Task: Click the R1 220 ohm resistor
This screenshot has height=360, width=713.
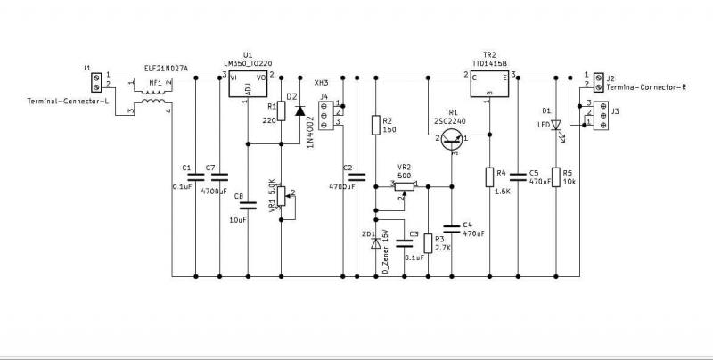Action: click(282, 110)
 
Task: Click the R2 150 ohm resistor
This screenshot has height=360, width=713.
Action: click(375, 125)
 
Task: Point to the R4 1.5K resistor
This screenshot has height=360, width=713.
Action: click(488, 176)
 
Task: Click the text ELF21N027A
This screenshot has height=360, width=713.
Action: click(167, 68)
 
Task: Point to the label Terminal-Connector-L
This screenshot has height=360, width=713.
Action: click(67, 101)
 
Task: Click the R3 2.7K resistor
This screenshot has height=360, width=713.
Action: click(428, 242)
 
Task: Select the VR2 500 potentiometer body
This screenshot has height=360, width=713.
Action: click(404, 186)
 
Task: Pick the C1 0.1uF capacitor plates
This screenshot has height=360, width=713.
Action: click(196, 176)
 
